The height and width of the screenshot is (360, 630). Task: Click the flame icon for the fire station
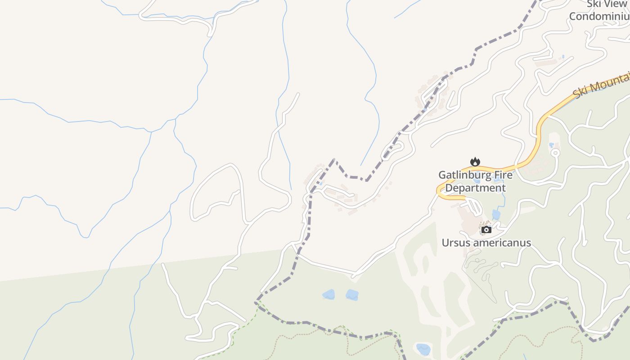coord(475,162)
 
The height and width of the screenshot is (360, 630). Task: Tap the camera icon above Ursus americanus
coord(486,230)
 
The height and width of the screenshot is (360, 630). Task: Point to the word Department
coord(475,188)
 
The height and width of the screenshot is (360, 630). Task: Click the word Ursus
coord(454,243)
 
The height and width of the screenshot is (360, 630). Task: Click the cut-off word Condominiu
coord(599,16)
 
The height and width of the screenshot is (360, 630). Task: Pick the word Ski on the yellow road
coord(580,93)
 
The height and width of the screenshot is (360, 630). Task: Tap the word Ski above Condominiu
coord(593,4)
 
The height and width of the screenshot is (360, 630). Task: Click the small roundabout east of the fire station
coord(555,153)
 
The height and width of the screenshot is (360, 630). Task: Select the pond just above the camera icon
coord(496,214)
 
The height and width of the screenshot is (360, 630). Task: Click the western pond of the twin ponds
coord(328,295)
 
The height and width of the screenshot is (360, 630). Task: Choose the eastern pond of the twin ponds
coord(352,295)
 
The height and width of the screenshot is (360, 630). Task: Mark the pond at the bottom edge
coord(423,349)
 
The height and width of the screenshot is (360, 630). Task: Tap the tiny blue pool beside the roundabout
coord(551,145)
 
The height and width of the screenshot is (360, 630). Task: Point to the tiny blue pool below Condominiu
coord(563,57)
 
